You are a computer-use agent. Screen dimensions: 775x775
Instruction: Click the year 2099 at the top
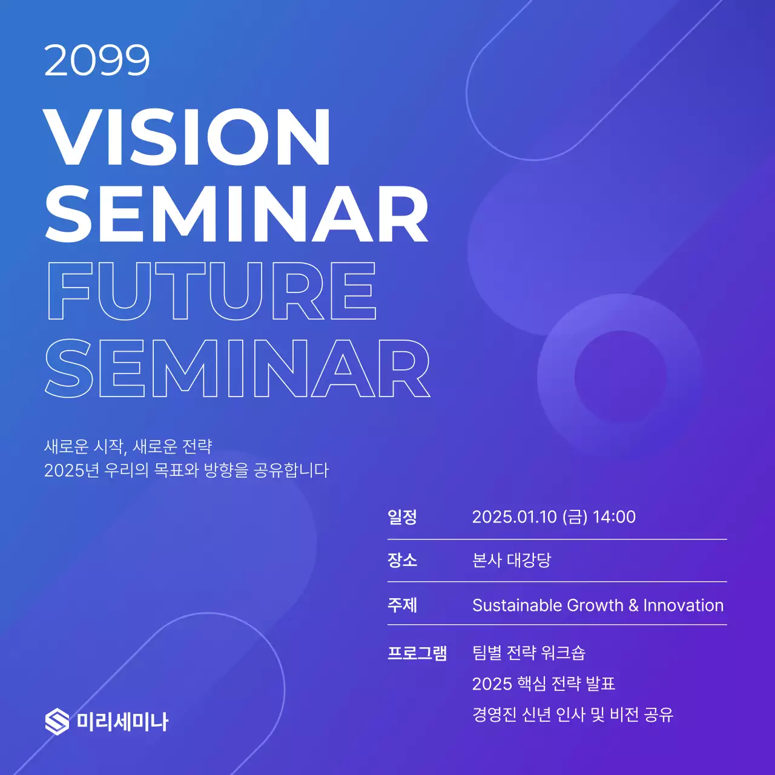(x=97, y=61)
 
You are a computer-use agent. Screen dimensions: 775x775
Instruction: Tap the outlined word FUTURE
(x=212, y=291)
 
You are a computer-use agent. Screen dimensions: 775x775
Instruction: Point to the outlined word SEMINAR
(x=237, y=368)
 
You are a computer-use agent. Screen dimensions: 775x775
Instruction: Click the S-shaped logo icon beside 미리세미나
(x=57, y=721)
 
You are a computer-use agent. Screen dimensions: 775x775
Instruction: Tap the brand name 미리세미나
(x=122, y=722)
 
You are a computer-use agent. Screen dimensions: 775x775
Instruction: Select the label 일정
(x=402, y=517)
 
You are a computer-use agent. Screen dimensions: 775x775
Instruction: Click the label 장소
(x=402, y=560)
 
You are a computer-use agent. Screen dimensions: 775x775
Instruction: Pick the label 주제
(x=402, y=605)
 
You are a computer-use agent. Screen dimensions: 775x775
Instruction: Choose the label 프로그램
(x=417, y=653)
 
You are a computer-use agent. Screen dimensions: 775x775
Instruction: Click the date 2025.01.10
(x=514, y=517)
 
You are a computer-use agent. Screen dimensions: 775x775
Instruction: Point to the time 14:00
(x=614, y=517)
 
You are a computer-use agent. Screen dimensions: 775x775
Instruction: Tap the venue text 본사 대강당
(x=512, y=560)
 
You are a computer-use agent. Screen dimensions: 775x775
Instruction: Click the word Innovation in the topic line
(x=683, y=605)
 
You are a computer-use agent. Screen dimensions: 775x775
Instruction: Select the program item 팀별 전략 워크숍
(x=529, y=653)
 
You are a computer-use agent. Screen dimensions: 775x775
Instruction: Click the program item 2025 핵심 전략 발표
(x=543, y=684)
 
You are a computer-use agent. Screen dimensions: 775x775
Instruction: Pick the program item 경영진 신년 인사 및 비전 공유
(x=572, y=714)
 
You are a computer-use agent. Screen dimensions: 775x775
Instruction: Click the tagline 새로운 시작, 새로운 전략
(x=128, y=447)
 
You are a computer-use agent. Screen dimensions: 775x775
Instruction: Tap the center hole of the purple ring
(x=620, y=376)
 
